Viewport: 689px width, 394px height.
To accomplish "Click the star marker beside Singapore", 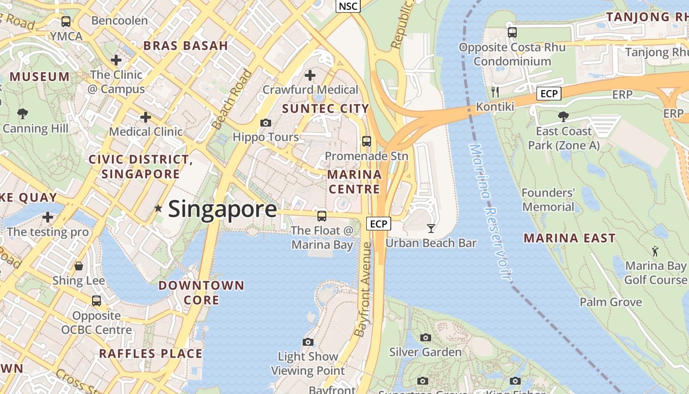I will point(158,208).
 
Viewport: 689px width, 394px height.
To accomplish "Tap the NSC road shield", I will point(348,6).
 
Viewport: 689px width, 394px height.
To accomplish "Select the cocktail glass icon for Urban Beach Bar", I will point(431,228).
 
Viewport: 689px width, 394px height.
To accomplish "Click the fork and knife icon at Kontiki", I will point(495,92).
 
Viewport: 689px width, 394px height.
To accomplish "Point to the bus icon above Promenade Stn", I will point(366,141).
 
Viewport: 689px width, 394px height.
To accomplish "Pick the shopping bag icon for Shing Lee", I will point(79,266).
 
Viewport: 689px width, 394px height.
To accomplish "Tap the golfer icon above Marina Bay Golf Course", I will point(655,252).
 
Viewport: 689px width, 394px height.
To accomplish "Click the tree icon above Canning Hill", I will point(23,114).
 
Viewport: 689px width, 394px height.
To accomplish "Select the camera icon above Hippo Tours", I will point(266,123).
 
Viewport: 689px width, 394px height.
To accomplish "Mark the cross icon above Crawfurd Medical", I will point(310,75).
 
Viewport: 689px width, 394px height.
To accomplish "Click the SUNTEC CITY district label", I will point(326,109).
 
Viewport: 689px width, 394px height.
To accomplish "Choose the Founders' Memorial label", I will point(548,199).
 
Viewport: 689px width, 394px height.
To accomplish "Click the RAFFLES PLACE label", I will point(151,354).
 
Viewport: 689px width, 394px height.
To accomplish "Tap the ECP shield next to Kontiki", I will point(549,94).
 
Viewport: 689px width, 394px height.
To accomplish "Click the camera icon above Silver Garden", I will point(426,337).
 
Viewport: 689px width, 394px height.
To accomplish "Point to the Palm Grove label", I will point(611,302).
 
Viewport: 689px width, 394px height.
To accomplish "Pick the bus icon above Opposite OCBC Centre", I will point(96,300).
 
